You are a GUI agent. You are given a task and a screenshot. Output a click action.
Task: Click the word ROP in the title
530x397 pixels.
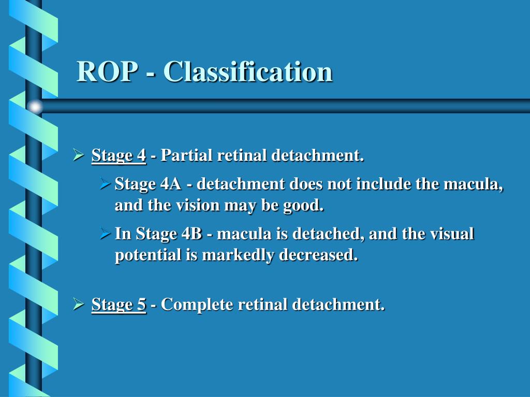click(x=107, y=72)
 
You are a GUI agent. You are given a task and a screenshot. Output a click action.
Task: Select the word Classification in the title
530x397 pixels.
click(x=248, y=72)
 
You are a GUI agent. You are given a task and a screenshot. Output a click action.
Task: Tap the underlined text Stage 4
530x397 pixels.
click(x=119, y=155)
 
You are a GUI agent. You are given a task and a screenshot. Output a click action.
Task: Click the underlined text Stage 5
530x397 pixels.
click(x=119, y=304)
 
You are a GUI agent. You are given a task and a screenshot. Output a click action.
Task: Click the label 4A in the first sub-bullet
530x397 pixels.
click(x=170, y=184)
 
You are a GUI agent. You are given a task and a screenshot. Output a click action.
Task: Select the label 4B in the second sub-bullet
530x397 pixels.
click(x=192, y=234)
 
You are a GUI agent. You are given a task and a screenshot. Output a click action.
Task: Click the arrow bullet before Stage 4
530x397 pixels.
click(x=78, y=155)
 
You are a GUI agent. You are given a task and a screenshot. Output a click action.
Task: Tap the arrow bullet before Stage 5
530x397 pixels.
click(x=78, y=304)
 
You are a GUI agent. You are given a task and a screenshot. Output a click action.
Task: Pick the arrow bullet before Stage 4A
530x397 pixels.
click(x=105, y=184)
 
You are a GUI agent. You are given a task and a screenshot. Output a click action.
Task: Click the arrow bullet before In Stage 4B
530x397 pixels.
click(x=105, y=234)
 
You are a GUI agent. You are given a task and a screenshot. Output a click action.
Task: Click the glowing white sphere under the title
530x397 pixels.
click(x=35, y=106)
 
